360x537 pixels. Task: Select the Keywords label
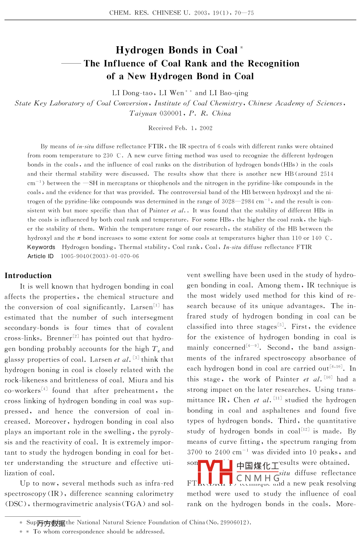[x=41, y=247]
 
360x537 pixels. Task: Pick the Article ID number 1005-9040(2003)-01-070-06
[x=100, y=256]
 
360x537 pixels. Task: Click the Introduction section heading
[x=28, y=276]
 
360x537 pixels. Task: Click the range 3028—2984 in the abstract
[x=242, y=201]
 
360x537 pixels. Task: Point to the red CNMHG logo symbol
[x=216, y=472]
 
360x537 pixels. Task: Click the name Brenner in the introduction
[x=59, y=338]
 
